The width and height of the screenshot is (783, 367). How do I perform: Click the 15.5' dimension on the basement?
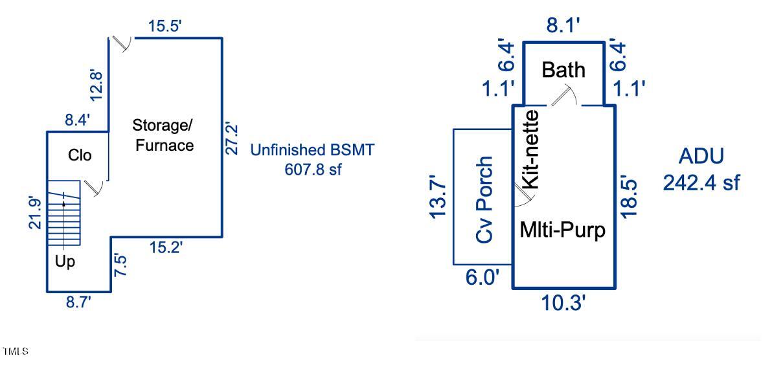pos(166,27)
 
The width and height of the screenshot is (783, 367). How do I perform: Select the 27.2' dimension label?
pos(231,137)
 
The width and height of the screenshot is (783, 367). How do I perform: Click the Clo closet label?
pos(80,155)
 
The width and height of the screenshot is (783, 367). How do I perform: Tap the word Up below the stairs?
pos(65,262)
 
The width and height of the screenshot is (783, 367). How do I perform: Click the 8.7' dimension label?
pos(78,302)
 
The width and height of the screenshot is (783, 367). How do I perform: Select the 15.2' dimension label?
pos(166,247)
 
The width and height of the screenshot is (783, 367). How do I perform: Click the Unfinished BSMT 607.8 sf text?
pos(312,160)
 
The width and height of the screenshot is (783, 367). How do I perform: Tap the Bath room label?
pos(563,69)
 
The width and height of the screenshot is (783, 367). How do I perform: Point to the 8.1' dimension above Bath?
pos(563,26)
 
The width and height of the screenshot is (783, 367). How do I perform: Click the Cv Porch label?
pos(484,199)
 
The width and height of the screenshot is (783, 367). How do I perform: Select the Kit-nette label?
pos(530,149)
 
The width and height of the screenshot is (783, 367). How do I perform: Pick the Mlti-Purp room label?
pos(563,230)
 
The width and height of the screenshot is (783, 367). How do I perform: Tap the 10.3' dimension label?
pos(563,302)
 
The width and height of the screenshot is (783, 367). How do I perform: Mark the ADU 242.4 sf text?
pos(701,170)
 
